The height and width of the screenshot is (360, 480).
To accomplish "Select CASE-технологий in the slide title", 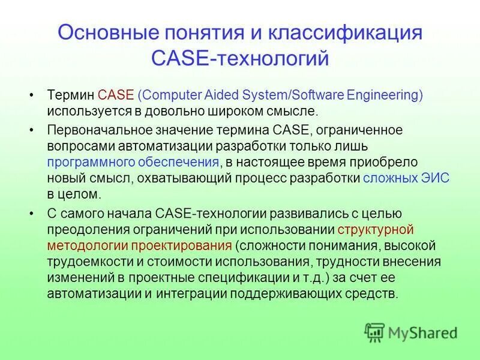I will pos(240,58).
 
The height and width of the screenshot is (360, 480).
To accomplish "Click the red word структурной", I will pos(376,229).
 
